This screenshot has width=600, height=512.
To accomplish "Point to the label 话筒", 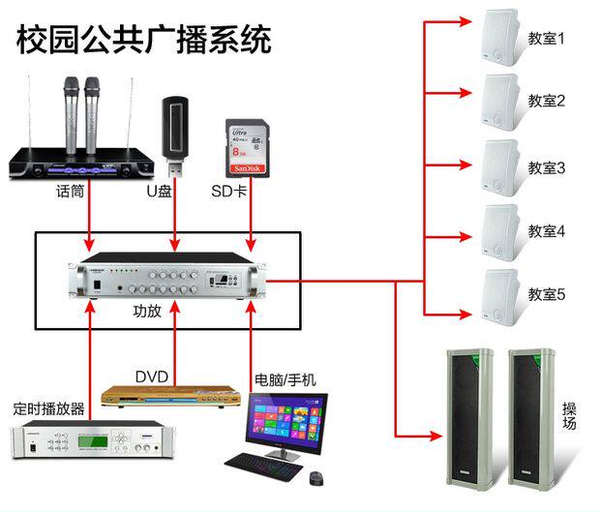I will click(x=71, y=192).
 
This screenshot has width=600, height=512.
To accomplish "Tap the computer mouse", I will click(x=315, y=477).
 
